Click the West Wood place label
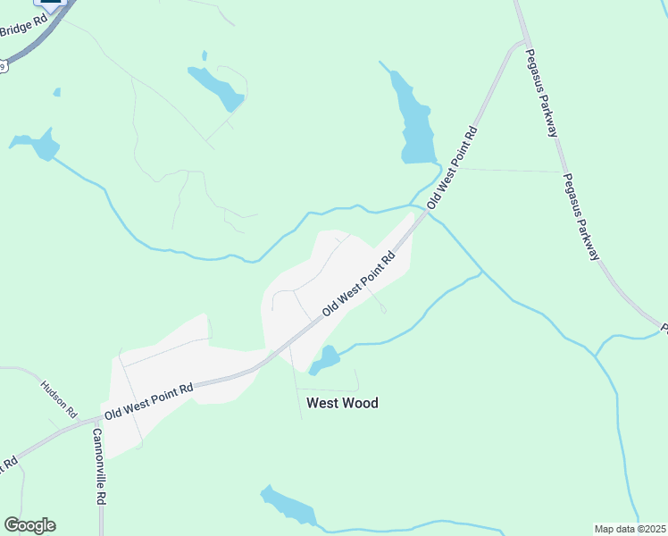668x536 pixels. click(342, 403)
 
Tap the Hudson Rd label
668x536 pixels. click(60, 399)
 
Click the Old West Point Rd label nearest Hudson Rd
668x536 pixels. click(148, 402)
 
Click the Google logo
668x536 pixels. click(29, 524)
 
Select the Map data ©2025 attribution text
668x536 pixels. click(630, 529)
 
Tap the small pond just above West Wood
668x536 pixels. click(325, 360)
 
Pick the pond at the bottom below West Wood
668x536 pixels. click(289, 507)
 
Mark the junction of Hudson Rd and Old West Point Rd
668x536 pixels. click(79, 421)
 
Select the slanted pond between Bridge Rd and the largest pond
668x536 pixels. click(216, 87)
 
